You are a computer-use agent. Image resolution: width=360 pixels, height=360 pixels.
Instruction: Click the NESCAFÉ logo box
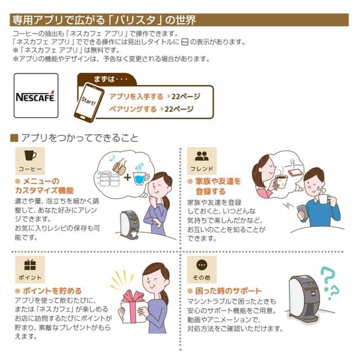pyautogui.click(x=36, y=96)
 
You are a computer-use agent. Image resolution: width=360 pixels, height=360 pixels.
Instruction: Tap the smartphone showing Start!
pyautogui.click(x=89, y=102)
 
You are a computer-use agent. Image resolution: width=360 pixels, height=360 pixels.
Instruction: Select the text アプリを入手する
pyautogui.click(x=136, y=96)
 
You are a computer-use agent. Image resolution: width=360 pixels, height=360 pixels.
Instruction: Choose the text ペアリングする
pyautogui.click(x=133, y=109)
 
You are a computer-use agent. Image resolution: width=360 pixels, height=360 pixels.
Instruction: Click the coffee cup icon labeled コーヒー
pyautogui.click(x=30, y=156)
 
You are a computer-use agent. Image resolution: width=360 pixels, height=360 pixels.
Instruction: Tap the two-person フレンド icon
pyautogui.click(x=202, y=156)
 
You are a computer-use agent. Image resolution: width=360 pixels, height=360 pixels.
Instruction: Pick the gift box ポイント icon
pyautogui.click(x=30, y=265)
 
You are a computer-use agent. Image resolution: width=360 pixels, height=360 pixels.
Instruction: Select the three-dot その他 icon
pyautogui.click(x=202, y=265)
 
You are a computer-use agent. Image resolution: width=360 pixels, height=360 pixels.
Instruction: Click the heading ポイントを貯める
pyautogui.click(x=52, y=291)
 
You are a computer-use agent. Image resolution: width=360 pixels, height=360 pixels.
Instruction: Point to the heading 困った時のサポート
pyautogui.click(x=228, y=291)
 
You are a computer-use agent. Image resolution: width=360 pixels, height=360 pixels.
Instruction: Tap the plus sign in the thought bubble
pyautogui.click(x=127, y=177)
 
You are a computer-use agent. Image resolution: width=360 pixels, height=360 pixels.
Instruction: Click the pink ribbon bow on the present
pyautogui.click(x=132, y=297)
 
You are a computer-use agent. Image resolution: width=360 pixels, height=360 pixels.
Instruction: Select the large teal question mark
pyautogui.click(x=327, y=278)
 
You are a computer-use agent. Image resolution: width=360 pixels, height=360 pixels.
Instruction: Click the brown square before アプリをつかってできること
pyautogui.click(x=14, y=138)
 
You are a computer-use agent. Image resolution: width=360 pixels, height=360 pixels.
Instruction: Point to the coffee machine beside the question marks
pyautogui.click(x=303, y=299)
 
